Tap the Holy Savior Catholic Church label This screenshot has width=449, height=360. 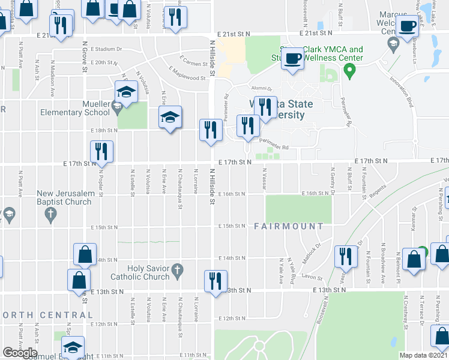point(140,272)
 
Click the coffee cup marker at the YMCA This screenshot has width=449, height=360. point(293,59)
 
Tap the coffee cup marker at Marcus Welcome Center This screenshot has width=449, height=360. point(408,27)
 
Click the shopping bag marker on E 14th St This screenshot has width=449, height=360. point(85,254)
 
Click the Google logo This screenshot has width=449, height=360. point(20,353)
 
